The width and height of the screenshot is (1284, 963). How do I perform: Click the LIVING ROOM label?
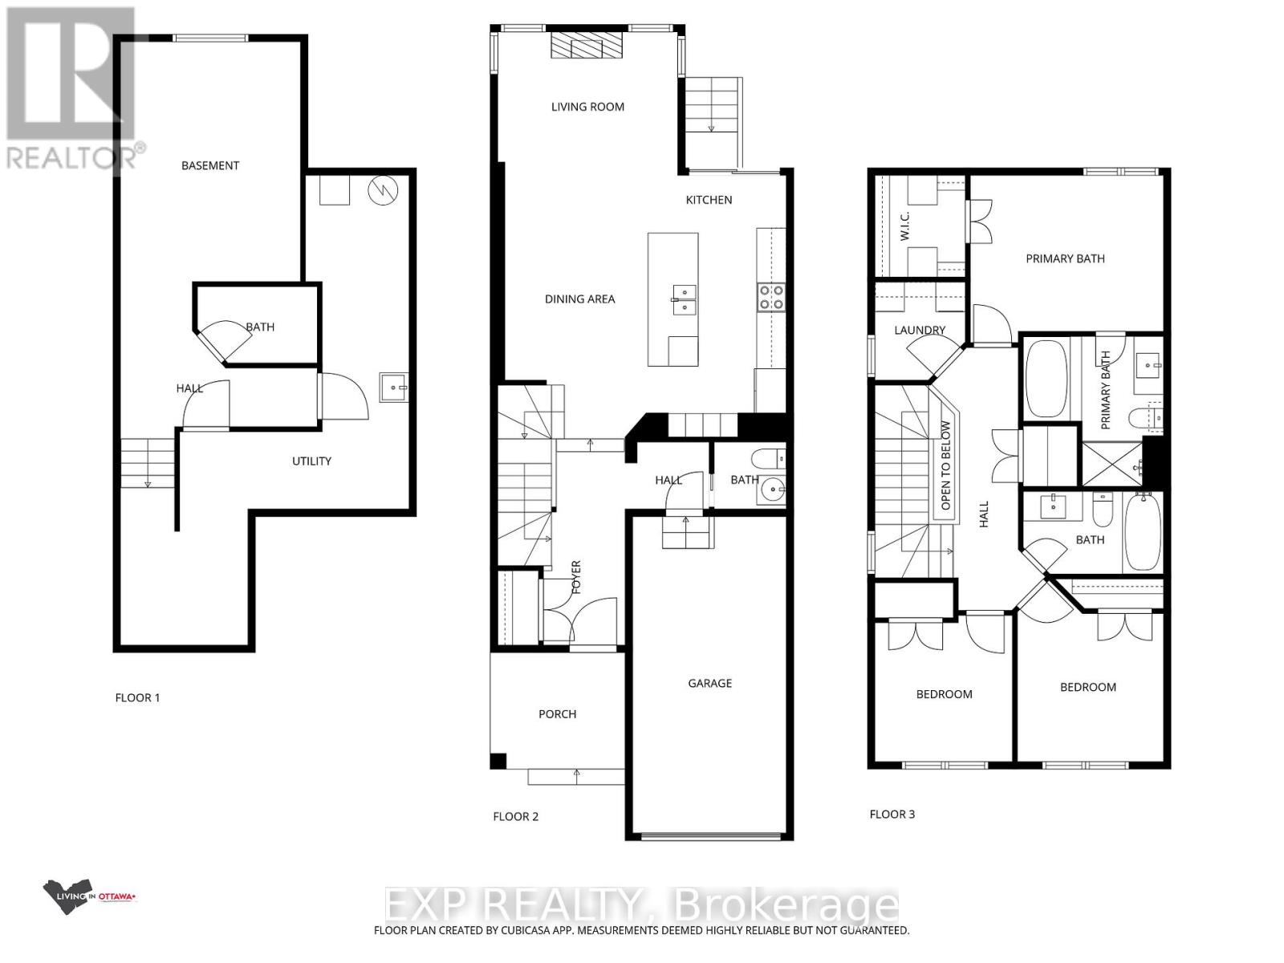point(587,107)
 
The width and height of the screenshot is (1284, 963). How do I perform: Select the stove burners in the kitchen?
point(771,297)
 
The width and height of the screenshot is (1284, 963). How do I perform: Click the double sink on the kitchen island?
point(683,299)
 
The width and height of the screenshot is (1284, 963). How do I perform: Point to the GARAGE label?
point(709,684)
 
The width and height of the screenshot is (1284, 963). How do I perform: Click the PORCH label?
point(557,714)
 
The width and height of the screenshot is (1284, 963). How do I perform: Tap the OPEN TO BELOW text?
point(946,465)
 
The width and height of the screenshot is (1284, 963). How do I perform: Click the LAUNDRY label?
point(920,330)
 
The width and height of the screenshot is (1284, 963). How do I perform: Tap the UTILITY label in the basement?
point(311,461)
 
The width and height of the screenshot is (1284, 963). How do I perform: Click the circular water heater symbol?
point(383,190)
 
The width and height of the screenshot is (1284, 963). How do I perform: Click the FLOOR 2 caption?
point(515,817)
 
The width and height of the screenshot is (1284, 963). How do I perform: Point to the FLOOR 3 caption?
point(892,815)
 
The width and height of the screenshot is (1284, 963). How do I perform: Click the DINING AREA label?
point(579,299)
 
